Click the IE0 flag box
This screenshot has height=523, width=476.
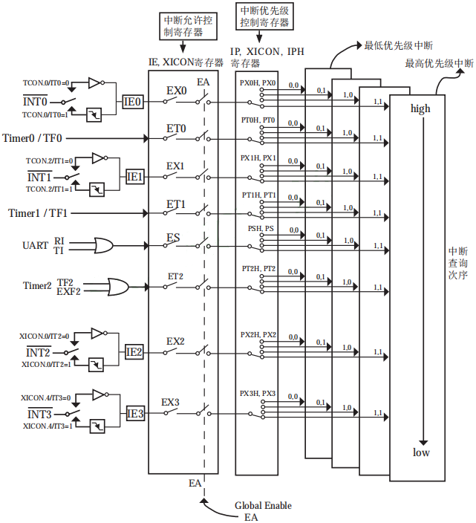pos(133,102)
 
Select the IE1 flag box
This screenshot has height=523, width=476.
pos(135,177)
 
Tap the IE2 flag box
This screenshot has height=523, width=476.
pos(134,352)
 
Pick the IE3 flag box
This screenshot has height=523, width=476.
pos(135,414)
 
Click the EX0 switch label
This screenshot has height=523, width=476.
pos(176,91)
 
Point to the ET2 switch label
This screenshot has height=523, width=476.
pos(175,276)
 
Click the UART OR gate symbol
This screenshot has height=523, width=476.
pos(103,246)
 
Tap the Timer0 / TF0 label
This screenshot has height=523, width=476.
pos(33,138)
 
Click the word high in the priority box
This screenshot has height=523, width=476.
pos(420,109)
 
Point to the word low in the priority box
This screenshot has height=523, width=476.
pos(421,452)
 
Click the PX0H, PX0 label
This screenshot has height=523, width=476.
pos(258,83)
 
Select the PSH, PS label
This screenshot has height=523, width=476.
pos(261,229)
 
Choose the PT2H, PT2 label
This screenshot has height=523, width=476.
pos(258,269)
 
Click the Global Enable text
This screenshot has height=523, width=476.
pos(263,506)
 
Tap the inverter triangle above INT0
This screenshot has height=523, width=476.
pos(94,82)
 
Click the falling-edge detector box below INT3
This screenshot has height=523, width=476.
pos(97,426)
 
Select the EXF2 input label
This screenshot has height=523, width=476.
pos(68,291)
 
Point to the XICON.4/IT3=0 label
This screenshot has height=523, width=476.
pos(45,398)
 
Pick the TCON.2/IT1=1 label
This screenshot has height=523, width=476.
pos(49,189)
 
